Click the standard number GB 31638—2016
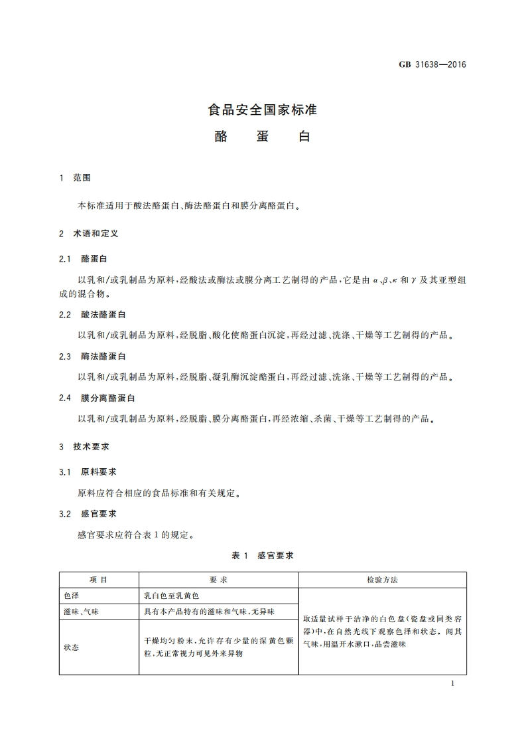[433, 65]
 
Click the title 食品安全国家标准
[263, 110]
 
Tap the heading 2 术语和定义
[88, 234]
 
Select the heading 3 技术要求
[84, 448]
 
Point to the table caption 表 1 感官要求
[263, 556]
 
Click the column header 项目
[98, 580]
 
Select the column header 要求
[218, 580]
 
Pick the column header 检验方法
[382, 580]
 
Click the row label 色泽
[71, 596]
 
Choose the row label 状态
[71, 647]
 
